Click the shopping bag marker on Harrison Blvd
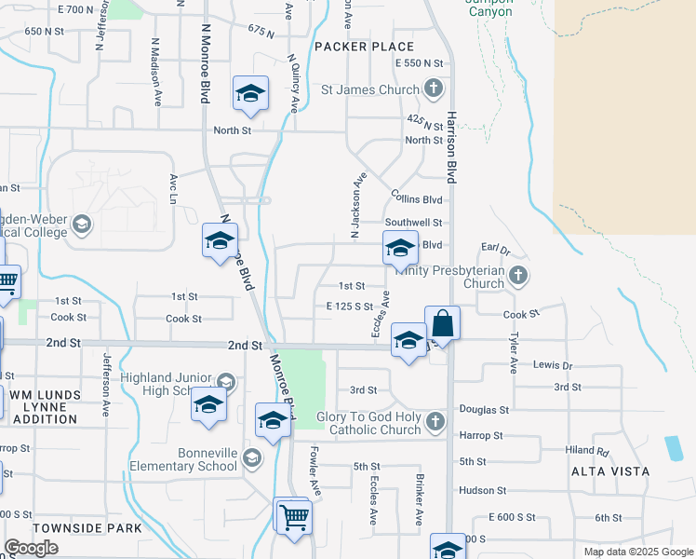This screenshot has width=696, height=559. pos(442,324)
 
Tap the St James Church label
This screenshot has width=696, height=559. pos(371,89)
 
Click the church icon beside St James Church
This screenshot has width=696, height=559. pos(433,89)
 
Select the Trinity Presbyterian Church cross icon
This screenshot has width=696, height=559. pos(519,276)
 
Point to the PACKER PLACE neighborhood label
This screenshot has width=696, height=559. pos(364,47)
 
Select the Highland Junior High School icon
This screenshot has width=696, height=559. pos(225,382)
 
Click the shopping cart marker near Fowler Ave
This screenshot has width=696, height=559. pos(293,515)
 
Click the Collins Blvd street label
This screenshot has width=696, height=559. pos(417,199)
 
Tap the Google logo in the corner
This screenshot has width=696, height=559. pos(31,548)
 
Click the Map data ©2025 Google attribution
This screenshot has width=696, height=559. pos(637,552)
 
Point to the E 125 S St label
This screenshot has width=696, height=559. pos(349,306)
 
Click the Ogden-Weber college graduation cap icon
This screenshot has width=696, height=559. pos(82,225)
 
